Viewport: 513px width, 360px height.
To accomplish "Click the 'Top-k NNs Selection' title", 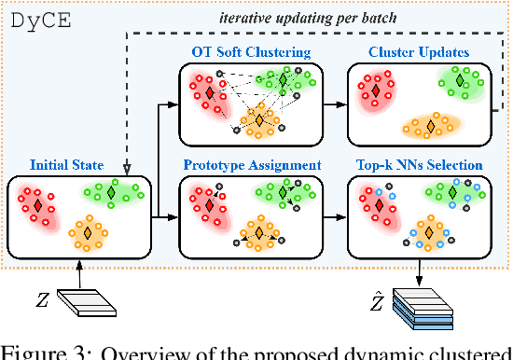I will (x=419, y=165).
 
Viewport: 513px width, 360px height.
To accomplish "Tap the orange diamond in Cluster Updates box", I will (x=431, y=124).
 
